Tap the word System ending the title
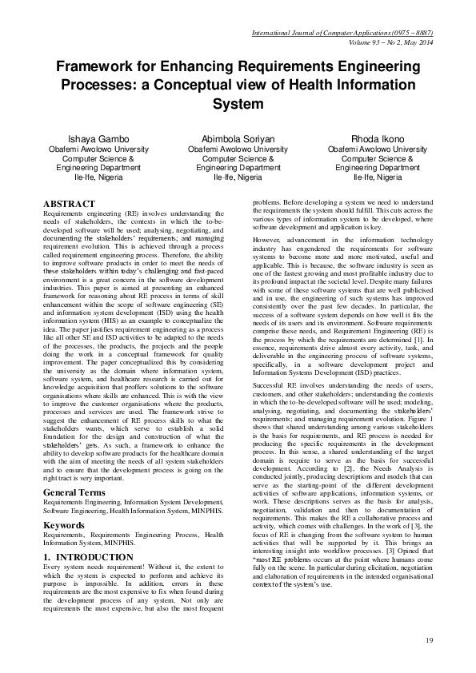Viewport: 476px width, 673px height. click(x=238, y=104)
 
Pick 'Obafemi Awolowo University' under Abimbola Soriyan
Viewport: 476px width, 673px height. click(x=238, y=149)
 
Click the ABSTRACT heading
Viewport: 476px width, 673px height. click(x=70, y=205)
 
